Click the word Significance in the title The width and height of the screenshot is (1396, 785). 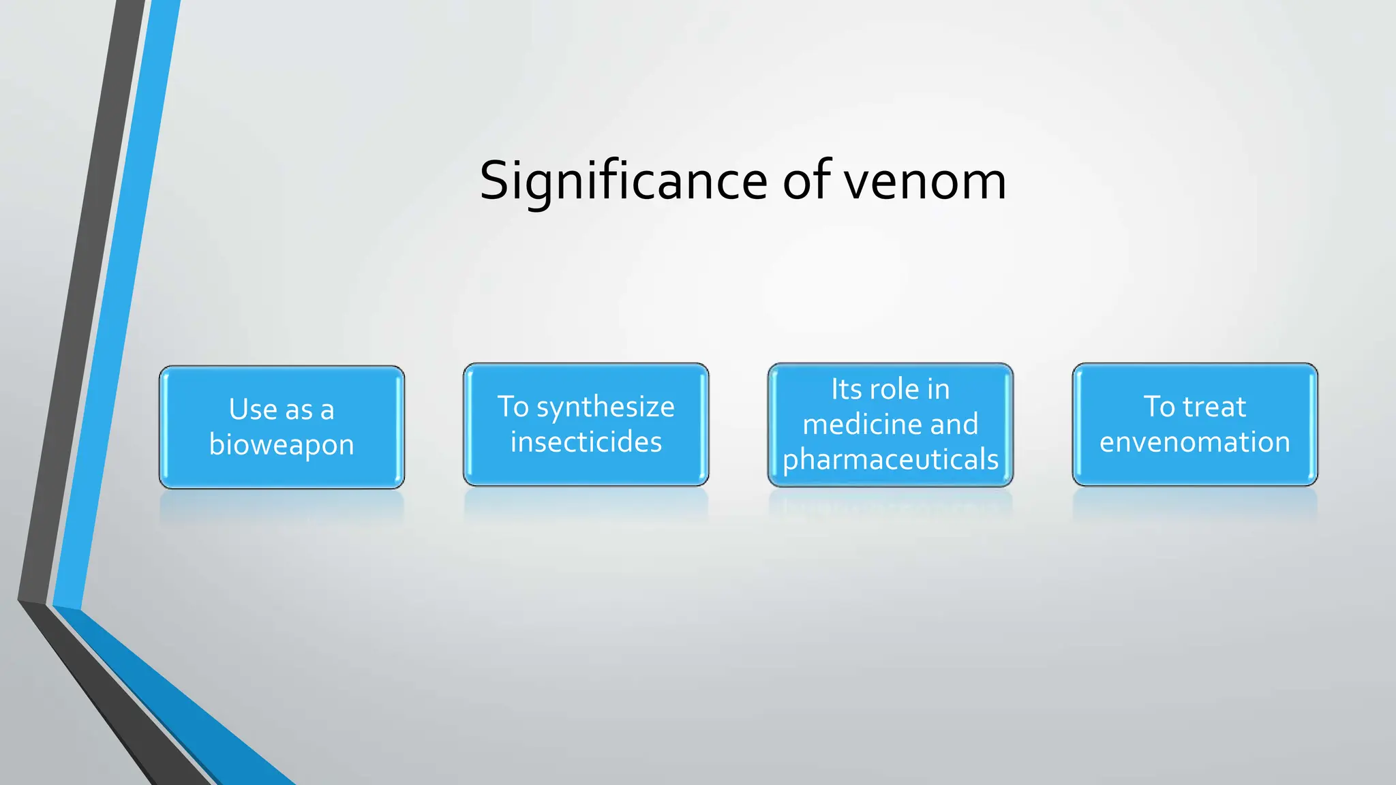[x=623, y=181]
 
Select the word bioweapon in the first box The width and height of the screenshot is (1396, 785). [x=282, y=445]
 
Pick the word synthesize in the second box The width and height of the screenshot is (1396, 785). [x=605, y=407]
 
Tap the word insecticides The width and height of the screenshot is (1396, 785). [x=586, y=442]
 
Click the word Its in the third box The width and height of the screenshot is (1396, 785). [x=846, y=390]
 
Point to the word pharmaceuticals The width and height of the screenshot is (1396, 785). [x=890, y=460]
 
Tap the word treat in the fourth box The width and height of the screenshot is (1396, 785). [x=1215, y=407]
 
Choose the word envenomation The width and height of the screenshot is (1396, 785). [x=1195, y=442]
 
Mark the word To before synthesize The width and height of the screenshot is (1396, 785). [x=513, y=407]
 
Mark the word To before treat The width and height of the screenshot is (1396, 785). [x=1159, y=407]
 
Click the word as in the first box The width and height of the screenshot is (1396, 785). [x=299, y=410]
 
